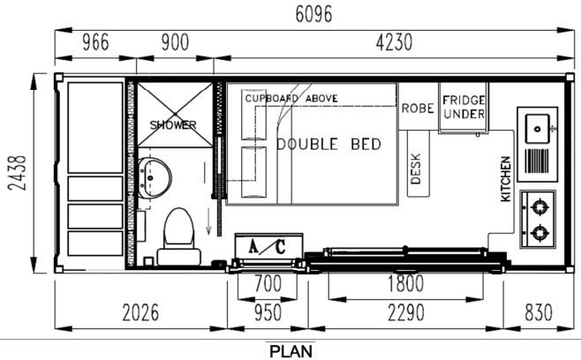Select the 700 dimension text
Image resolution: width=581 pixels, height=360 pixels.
click(268, 284)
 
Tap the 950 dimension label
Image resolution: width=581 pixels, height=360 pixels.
click(268, 312)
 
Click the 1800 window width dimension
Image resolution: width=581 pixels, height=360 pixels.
click(405, 284)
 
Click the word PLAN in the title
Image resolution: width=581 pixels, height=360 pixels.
click(290, 350)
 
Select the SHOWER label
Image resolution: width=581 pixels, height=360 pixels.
click(173, 125)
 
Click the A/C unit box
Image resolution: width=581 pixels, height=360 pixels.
click(267, 247)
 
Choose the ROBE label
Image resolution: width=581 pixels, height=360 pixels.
click(417, 109)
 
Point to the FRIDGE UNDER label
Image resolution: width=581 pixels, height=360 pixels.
click(464, 108)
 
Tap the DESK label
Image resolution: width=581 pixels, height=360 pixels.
click(416, 169)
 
